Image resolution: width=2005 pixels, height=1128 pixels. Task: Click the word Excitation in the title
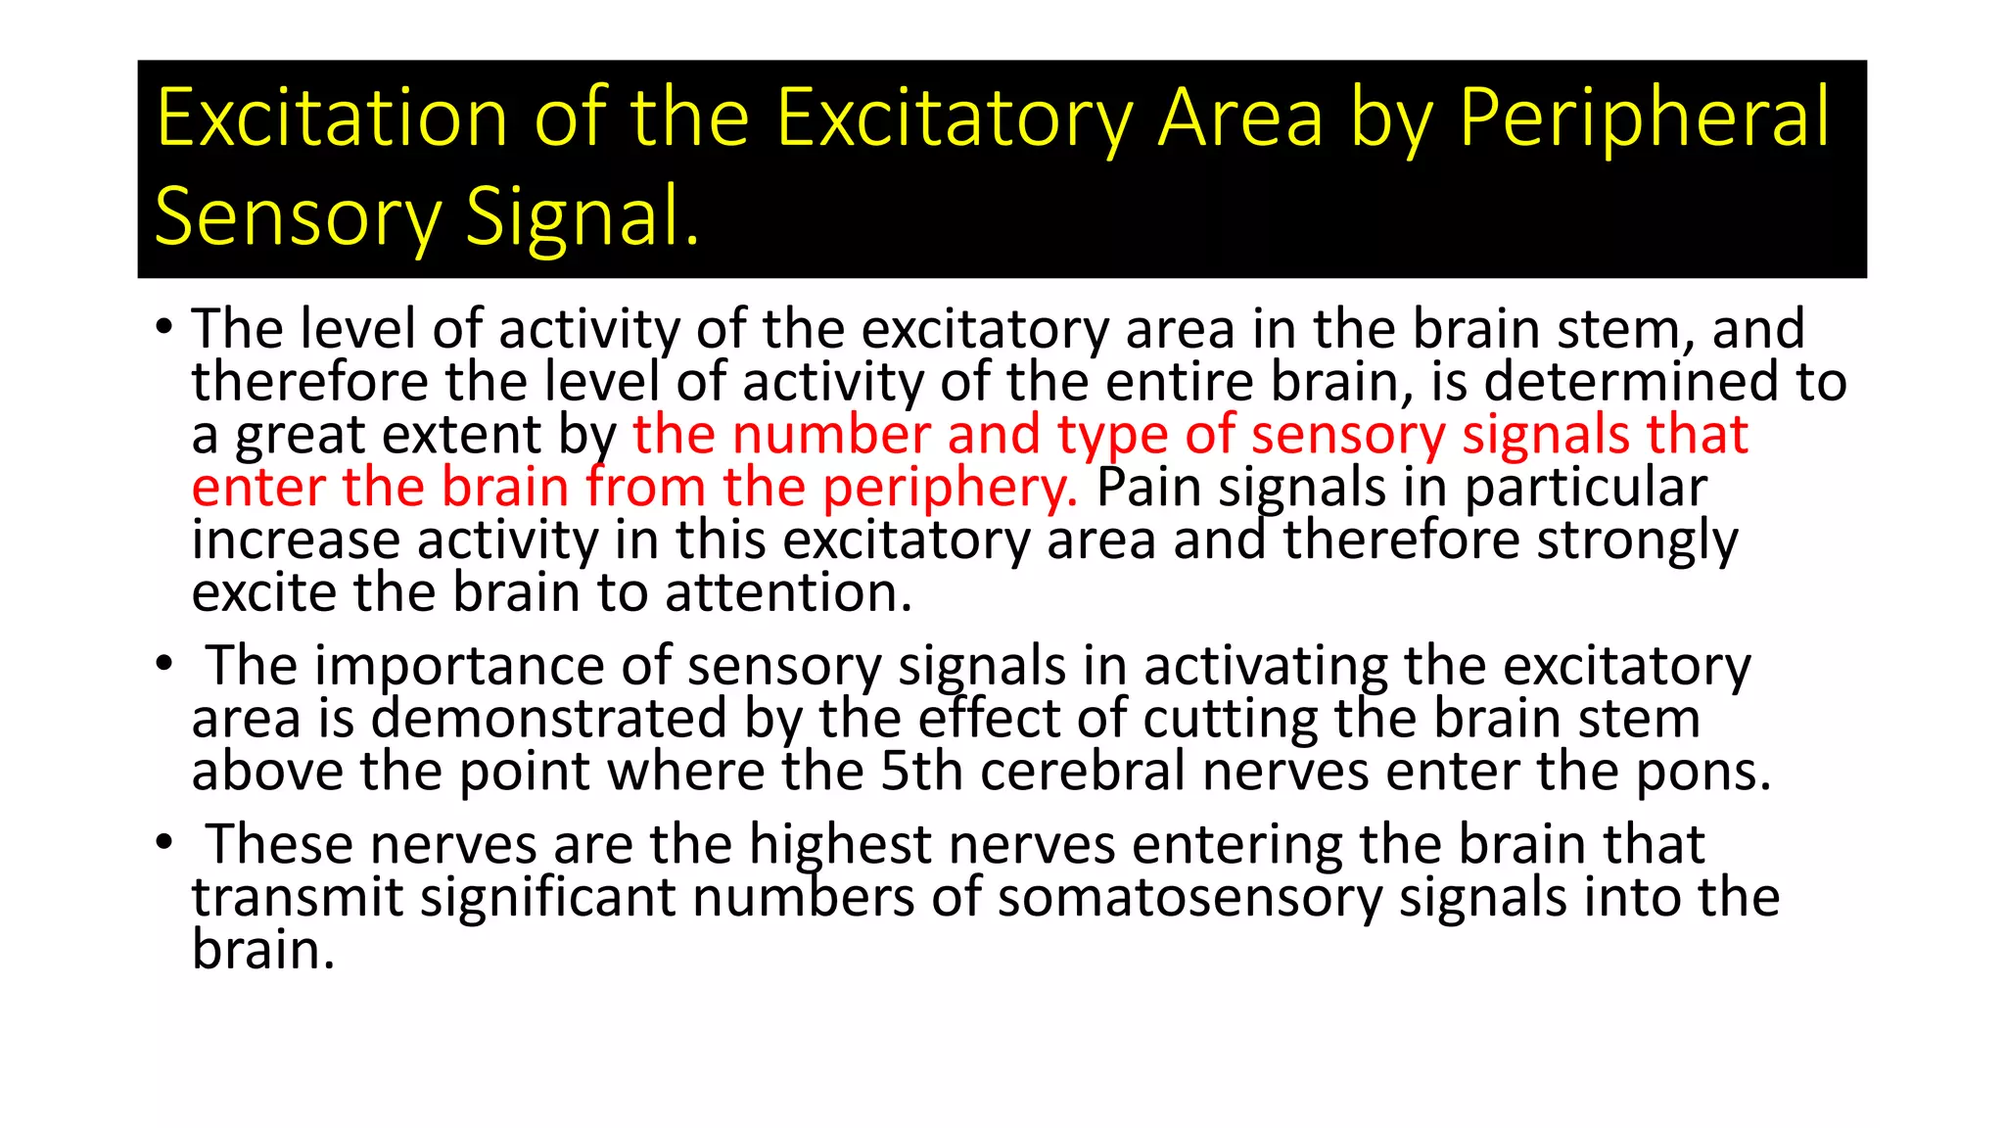click(x=332, y=117)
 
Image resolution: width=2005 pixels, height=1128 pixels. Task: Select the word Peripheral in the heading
click(x=1644, y=119)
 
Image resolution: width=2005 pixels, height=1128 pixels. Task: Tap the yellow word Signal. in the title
click(x=583, y=216)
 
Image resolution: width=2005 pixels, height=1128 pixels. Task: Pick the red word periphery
click(x=949, y=488)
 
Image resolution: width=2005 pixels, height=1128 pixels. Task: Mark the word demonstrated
click(x=549, y=719)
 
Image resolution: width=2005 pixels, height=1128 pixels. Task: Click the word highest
click(x=840, y=844)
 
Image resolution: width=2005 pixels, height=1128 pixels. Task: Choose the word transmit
click(x=298, y=898)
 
